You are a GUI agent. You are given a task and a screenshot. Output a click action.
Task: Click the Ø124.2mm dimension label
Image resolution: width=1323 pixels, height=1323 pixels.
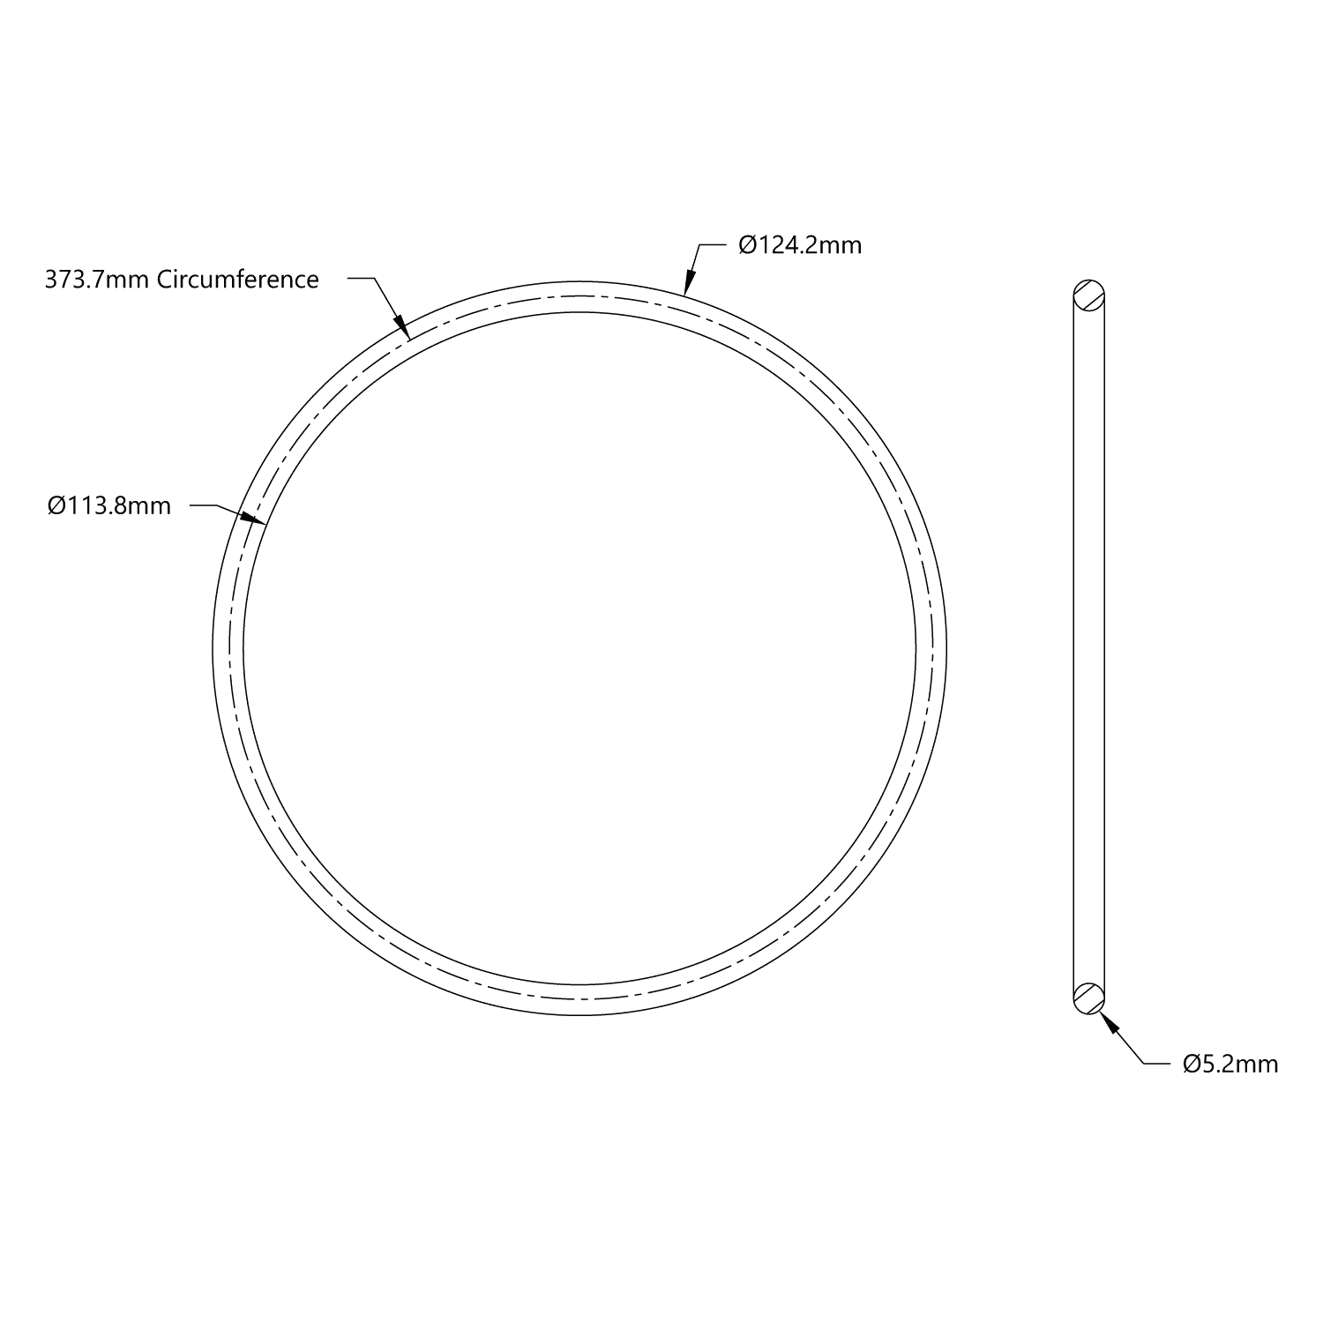(800, 244)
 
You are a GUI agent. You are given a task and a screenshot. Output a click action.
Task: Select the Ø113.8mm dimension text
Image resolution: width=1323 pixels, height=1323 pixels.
(109, 505)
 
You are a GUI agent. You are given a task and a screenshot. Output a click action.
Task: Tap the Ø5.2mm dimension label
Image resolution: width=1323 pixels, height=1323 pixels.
(1230, 1064)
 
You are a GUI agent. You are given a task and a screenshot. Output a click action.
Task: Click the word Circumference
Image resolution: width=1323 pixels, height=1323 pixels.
(237, 280)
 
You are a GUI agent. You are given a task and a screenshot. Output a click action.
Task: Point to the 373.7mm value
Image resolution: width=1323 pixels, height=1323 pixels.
(97, 280)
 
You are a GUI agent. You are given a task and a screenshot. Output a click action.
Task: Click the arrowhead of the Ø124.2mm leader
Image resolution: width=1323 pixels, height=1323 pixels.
(687, 284)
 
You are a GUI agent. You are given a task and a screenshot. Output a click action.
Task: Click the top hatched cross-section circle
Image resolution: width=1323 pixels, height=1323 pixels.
(1089, 294)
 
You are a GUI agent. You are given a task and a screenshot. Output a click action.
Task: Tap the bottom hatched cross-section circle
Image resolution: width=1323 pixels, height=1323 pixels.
(1089, 998)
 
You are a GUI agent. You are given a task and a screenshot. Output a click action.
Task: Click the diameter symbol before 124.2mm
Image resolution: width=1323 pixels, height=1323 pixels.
(746, 244)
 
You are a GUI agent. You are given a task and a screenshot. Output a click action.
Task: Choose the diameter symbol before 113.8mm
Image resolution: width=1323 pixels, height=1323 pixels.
(56, 505)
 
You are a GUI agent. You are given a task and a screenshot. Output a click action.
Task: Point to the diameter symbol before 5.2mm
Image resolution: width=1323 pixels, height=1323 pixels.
(1191, 1064)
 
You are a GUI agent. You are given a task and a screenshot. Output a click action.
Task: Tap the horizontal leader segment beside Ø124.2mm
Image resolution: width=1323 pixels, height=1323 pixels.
(711, 244)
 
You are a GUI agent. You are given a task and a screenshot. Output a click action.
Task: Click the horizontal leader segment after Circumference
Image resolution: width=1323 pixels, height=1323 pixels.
(362, 279)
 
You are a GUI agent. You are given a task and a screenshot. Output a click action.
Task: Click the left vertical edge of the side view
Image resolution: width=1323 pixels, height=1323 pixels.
(1073, 644)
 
